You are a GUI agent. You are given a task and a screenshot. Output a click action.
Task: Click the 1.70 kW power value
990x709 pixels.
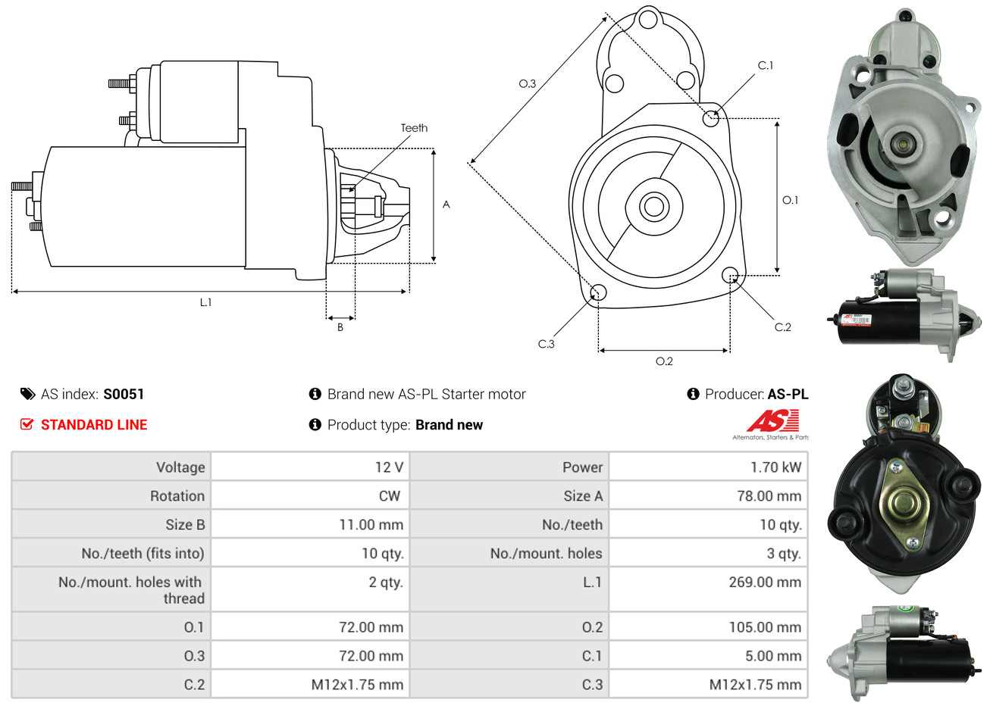(x=775, y=467)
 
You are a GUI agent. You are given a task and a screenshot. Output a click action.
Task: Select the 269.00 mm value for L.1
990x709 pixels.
(x=764, y=583)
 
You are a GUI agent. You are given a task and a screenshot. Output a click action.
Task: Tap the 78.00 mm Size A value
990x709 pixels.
(x=769, y=496)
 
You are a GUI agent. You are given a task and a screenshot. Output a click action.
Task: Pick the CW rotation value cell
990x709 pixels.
(x=389, y=496)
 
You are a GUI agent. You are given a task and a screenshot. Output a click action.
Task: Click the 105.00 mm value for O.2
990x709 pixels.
(x=764, y=627)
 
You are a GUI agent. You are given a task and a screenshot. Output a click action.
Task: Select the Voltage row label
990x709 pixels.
(x=180, y=467)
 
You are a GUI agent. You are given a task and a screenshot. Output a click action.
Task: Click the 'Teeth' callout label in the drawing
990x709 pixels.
(x=414, y=128)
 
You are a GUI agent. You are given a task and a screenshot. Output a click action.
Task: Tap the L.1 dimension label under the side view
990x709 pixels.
(x=205, y=302)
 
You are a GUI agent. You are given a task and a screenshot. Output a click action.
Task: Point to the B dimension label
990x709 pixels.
(x=340, y=327)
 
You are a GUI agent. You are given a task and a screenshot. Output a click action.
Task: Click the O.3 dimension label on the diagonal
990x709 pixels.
(x=527, y=83)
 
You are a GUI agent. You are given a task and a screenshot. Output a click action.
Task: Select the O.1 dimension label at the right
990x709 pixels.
(x=790, y=200)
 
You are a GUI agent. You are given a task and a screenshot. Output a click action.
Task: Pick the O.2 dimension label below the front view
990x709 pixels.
(x=664, y=361)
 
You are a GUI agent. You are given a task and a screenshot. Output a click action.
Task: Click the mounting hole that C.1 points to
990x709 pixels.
(x=710, y=118)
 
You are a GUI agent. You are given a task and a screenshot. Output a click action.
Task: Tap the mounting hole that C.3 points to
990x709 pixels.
(x=598, y=292)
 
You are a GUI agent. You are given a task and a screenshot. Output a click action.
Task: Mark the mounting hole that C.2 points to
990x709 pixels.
(x=729, y=274)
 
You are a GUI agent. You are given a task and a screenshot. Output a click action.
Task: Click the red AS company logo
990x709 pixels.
(x=772, y=421)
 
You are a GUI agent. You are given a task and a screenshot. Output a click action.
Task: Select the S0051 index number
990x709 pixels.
(x=124, y=394)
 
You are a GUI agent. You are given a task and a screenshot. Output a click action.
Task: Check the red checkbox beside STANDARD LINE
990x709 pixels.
(x=27, y=424)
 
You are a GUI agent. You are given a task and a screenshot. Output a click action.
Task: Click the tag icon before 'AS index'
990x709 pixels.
(x=27, y=394)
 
